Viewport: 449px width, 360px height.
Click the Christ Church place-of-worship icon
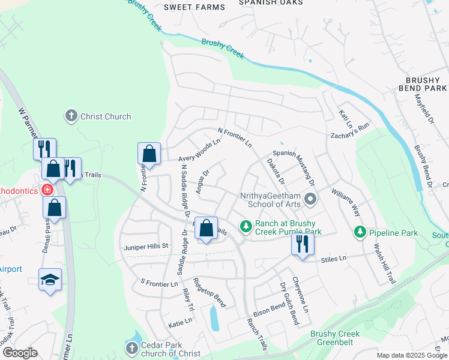coord(71,116)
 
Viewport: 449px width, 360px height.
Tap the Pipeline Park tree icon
coord(360,231)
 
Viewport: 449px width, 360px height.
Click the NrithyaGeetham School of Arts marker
coord(310,198)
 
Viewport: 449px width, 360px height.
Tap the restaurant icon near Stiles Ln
coord(303,244)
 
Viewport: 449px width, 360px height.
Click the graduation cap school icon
coord(50,280)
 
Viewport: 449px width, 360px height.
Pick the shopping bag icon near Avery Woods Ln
coord(149,154)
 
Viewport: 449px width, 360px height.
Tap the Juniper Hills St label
coord(147,247)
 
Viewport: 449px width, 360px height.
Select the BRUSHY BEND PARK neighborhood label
coord(426,84)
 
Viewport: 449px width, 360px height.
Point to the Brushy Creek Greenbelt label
coord(335,338)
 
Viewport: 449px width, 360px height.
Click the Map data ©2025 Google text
coord(412,355)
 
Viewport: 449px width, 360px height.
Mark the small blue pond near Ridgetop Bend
coord(214,318)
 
